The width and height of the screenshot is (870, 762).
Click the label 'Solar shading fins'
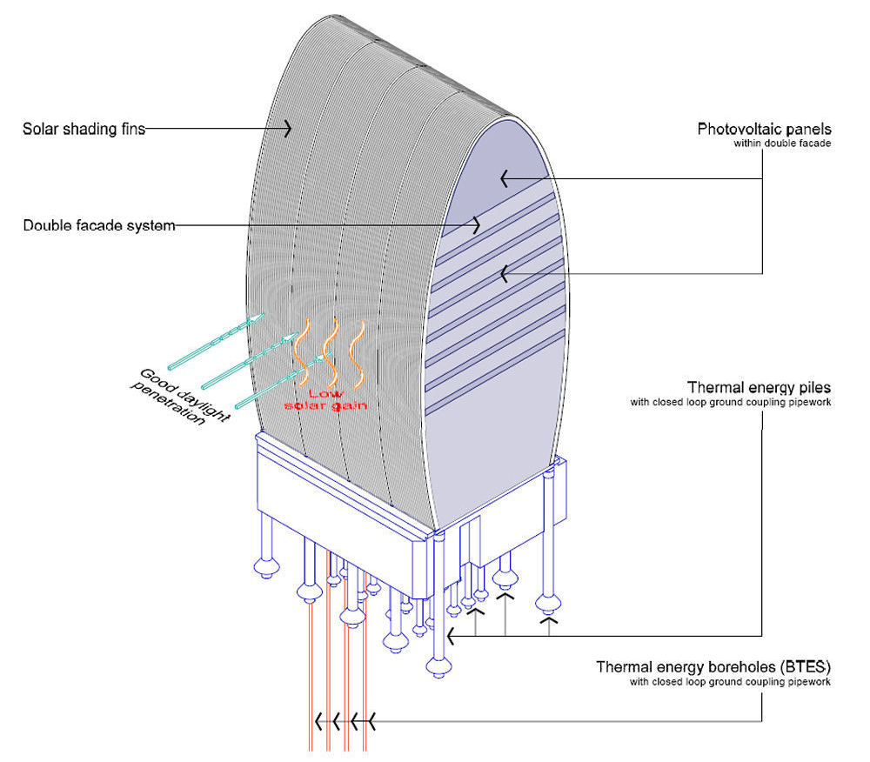[x=84, y=130]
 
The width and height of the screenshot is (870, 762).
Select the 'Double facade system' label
[x=99, y=226]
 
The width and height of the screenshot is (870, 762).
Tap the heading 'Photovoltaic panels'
[x=765, y=129]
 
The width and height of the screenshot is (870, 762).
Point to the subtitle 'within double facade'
[x=782, y=144]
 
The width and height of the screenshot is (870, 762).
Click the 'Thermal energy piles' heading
[x=760, y=387]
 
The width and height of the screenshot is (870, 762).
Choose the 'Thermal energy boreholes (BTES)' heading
[x=713, y=667]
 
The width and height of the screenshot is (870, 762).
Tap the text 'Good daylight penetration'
[x=182, y=398]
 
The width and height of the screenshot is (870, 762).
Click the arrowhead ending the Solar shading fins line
[x=286, y=130]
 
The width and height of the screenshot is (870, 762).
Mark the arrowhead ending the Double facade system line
[x=476, y=225]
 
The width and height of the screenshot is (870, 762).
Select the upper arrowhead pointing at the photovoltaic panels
[x=504, y=179]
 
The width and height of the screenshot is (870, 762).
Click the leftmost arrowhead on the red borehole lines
[x=319, y=721]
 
